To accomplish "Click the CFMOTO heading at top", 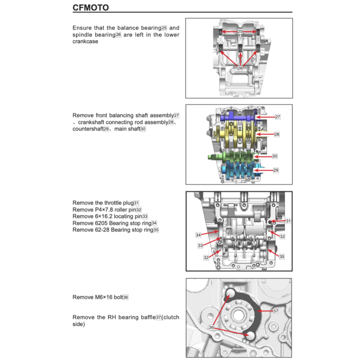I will (x=90, y=7).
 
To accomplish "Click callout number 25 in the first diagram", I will (x=240, y=32).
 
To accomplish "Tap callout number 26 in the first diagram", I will (x=240, y=68).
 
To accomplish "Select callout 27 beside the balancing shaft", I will (x=278, y=117).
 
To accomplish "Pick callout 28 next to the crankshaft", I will (x=277, y=134).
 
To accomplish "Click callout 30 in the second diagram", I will (x=275, y=156).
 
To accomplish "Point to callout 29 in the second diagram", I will (x=276, y=170).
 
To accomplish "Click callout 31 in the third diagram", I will (x=288, y=221).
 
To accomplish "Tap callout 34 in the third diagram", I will (x=198, y=234).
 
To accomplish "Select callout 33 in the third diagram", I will (x=200, y=246).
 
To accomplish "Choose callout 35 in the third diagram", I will (x=282, y=257).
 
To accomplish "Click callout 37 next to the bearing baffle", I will (x=276, y=311).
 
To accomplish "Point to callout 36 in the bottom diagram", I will (x=211, y=327).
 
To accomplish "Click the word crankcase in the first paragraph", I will (x=85, y=41).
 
